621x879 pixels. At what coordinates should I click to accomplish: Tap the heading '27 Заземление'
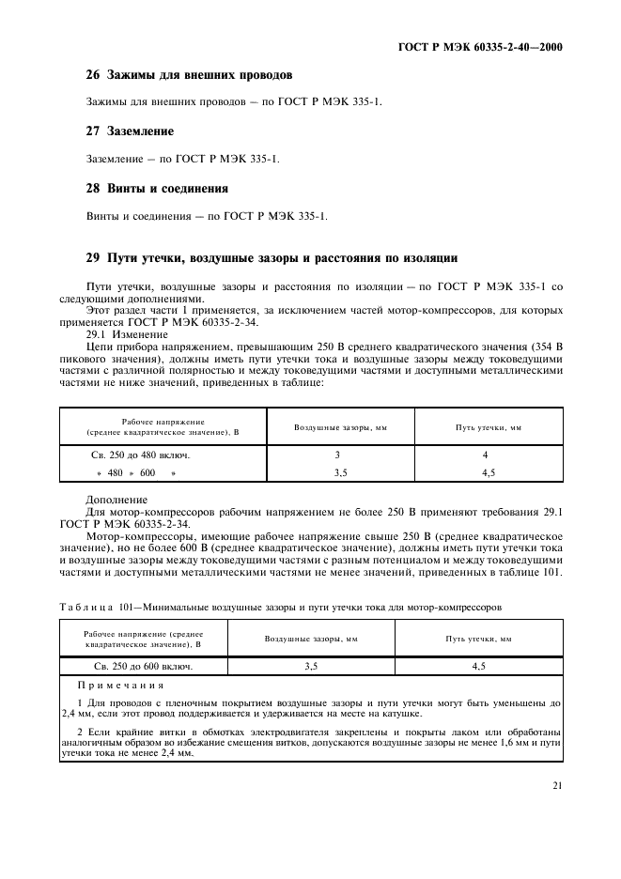coord(130,131)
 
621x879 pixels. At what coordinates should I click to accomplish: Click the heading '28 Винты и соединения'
coord(157,188)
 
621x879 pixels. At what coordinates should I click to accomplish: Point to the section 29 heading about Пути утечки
coord(272,257)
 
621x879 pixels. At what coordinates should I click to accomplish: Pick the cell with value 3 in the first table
coord(339,455)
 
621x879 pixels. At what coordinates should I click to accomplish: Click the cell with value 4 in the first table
coord(489,455)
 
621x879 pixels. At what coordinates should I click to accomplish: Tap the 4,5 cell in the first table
coord(489,474)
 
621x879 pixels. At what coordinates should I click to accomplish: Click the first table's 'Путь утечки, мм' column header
coord(489,426)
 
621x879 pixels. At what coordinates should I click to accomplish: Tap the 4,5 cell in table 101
coord(478,666)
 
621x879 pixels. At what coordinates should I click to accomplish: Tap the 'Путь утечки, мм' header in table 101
coord(478,639)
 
